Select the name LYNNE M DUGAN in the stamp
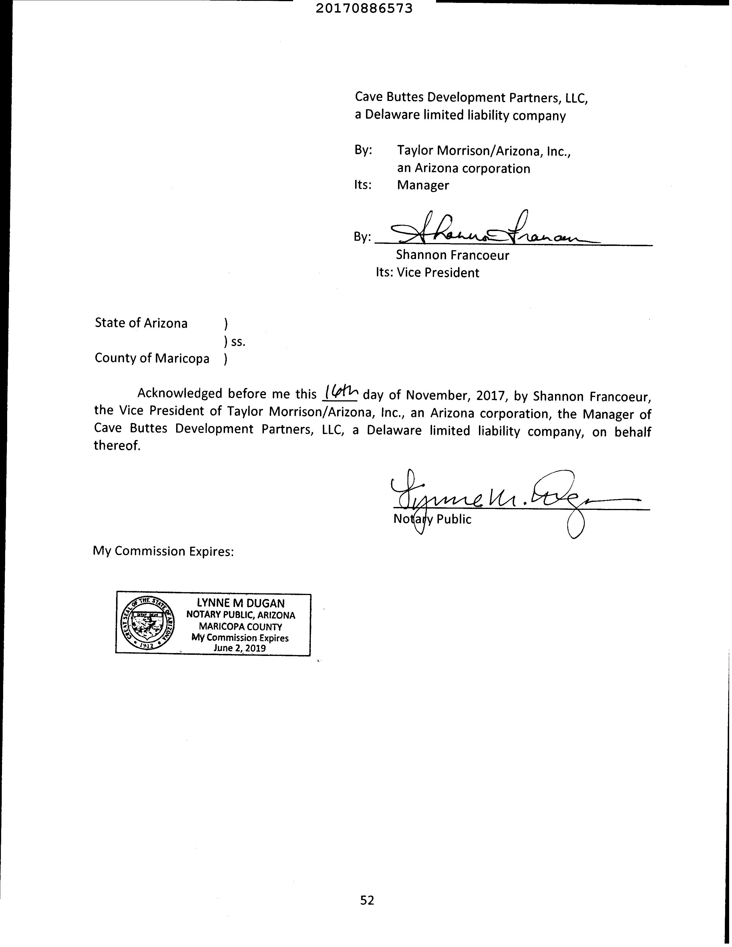[x=241, y=603]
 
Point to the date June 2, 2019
[x=240, y=648]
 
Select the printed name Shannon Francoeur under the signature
[x=452, y=255]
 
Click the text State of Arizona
[x=141, y=323]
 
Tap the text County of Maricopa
[x=152, y=358]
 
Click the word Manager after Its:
[x=423, y=185]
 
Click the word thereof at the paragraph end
[x=117, y=446]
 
